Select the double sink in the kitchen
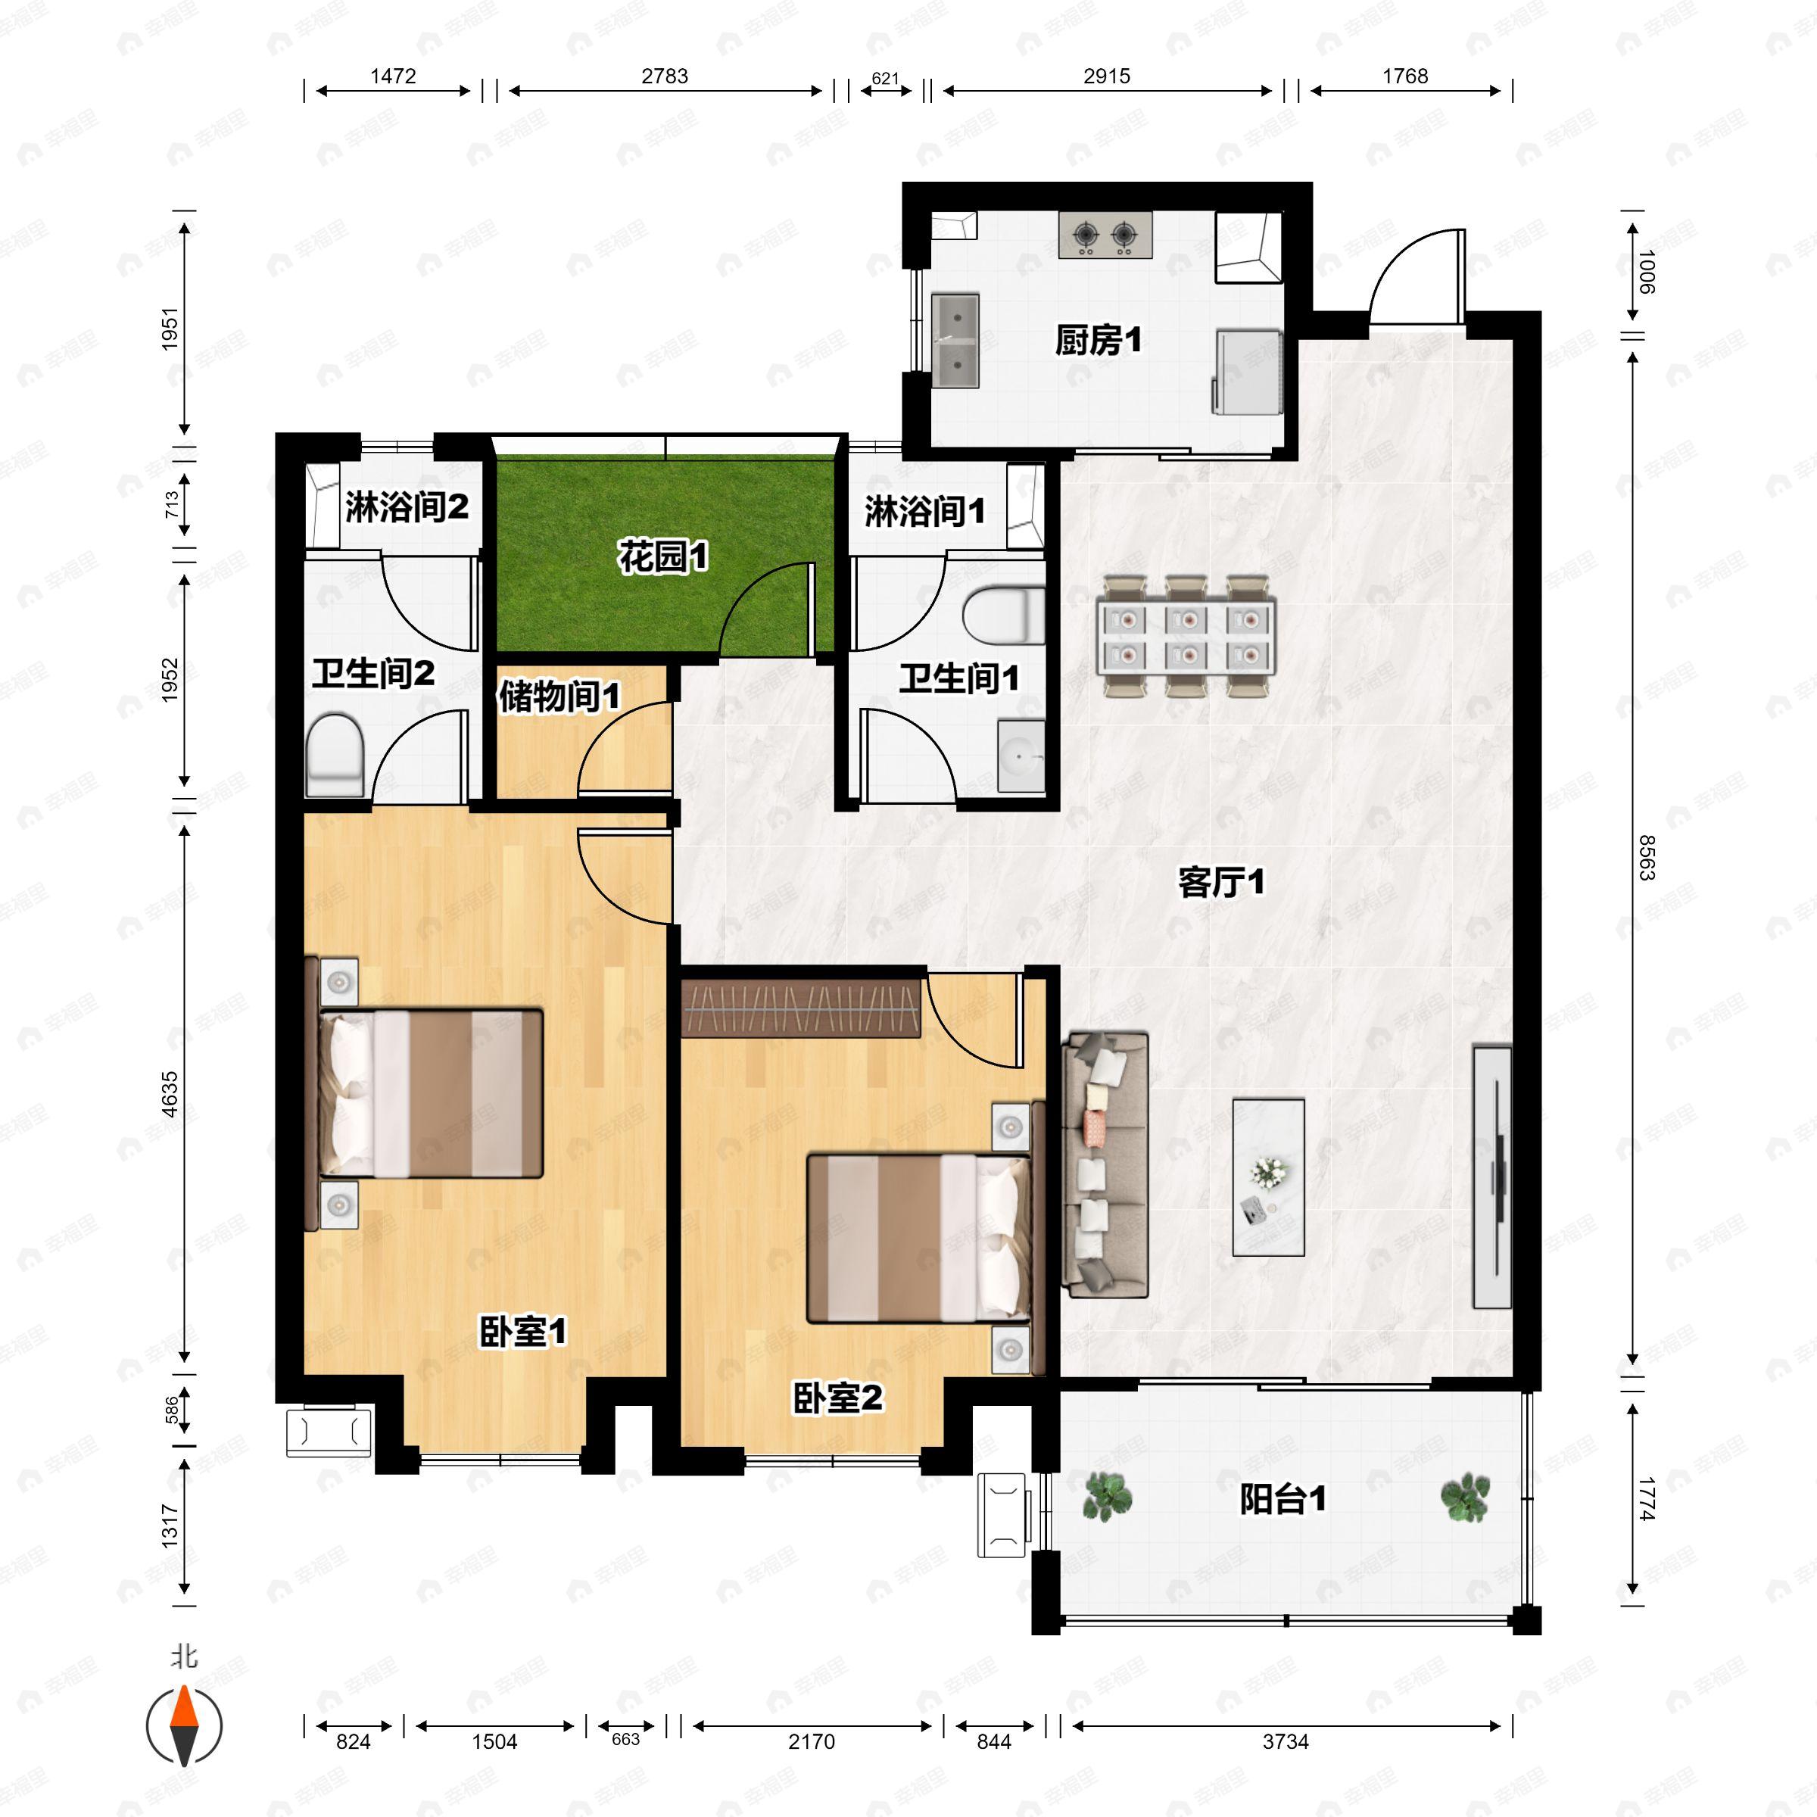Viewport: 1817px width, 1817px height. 955,341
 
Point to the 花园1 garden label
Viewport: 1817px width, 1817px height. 663,556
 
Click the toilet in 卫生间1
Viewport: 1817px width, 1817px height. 1005,617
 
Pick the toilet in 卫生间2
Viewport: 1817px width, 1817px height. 335,754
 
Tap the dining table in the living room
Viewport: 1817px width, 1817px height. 1187,637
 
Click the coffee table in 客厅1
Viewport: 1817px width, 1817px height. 1269,1177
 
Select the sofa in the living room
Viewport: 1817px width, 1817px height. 1105,1164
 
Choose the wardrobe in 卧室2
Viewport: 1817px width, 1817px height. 801,1007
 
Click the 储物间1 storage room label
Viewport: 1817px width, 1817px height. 559,696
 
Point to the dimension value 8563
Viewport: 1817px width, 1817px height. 1646,857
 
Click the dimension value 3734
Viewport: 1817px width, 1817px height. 1286,1742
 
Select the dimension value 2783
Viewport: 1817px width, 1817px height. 665,76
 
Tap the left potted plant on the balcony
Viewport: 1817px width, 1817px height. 1107,1498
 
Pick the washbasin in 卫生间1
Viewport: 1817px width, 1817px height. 1021,756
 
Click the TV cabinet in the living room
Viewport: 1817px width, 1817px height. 1492,1177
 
